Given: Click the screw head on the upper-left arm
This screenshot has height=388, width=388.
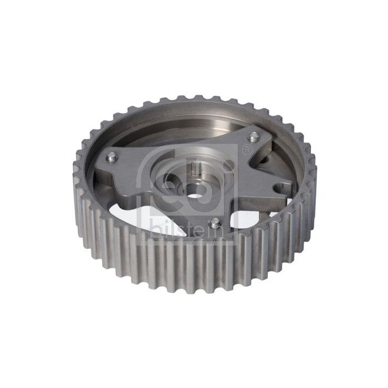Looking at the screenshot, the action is click(112, 157).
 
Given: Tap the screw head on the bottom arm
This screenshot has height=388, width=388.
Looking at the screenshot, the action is click(215, 223).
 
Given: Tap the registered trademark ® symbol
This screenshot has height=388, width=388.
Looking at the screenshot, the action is click(246, 149).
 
